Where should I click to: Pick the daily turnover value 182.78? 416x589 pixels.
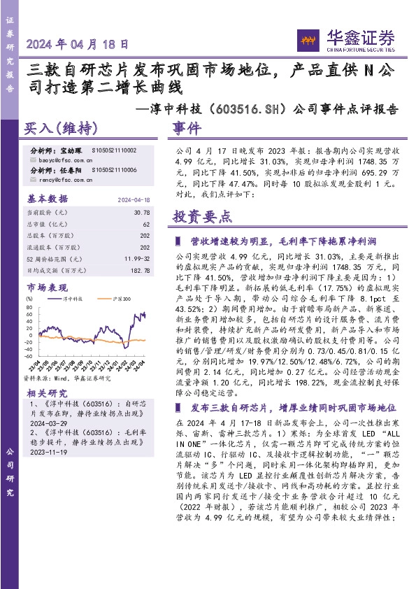point(140,271)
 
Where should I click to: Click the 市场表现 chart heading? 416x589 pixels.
point(48,288)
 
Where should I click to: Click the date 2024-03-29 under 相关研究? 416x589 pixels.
point(47,423)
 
